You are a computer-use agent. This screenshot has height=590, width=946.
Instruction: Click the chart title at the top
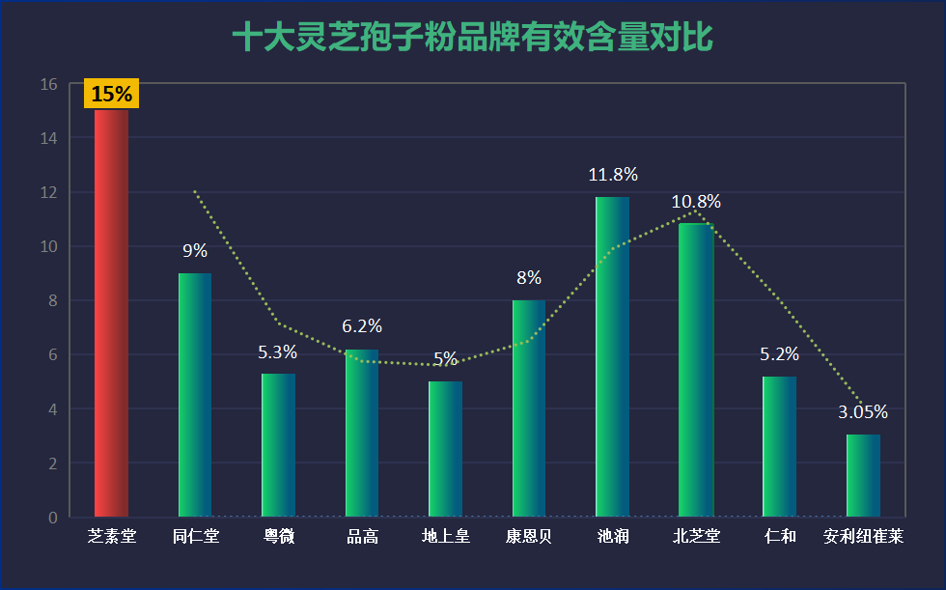[x=472, y=38]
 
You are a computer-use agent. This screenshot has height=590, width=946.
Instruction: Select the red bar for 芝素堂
[x=111, y=314]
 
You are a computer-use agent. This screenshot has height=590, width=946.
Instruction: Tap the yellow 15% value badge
[x=112, y=95]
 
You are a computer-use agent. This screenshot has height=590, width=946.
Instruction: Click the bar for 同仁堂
[x=195, y=395]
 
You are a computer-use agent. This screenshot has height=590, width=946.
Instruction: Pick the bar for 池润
[x=612, y=357]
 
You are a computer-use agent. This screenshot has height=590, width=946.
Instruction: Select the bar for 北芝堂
[x=696, y=371]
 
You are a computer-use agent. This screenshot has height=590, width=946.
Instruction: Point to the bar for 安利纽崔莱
[x=863, y=476]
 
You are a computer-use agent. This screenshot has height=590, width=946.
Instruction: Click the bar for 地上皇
[x=445, y=449]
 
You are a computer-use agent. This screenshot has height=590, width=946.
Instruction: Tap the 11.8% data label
[x=613, y=175]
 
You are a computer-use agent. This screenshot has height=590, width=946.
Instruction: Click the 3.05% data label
[x=863, y=412]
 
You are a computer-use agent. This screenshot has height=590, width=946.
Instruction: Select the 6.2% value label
[x=362, y=326]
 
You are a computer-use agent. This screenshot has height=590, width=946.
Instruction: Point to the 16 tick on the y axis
[x=49, y=85]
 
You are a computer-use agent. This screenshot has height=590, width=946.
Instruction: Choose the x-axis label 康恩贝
[x=529, y=536]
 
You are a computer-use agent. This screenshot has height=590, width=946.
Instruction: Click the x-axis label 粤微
[x=278, y=536]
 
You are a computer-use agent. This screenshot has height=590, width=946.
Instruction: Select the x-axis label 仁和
[x=779, y=536]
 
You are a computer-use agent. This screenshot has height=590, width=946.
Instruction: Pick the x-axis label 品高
[x=362, y=536]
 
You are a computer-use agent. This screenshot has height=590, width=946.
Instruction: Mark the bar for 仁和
[x=779, y=447]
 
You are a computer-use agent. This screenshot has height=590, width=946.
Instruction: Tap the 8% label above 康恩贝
[x=529, y=278]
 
